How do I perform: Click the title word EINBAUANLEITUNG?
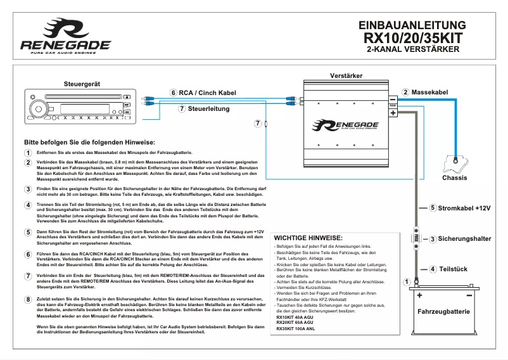pyautogui.click(x=412, y=26)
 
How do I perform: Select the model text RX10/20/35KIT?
pyautogui.click(x=412, y=38)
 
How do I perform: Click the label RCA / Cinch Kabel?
pyautogui.click(x=207, y=93)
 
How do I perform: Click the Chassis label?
pyautogui.click(x=454, y=177)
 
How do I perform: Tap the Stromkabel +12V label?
pyautogui.click(x=464, y=208)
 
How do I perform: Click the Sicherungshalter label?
pyautogui.click(x=464, y=239)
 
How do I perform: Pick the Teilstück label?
pyautogui.click(x=453, y=269)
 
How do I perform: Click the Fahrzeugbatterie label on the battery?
pyautogui.click(x=443, y=312)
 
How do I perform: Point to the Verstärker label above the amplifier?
pyautogui.click(x=346, y=75)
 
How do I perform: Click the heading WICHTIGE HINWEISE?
pyautogui.click(x=308, y=237)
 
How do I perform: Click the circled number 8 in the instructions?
pyautogui.click(x=28, y=299)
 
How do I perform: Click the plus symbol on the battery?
pyautogui.click(x=419, y=295)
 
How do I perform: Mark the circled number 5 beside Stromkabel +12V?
pyautogui.click(x=433, y=208)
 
